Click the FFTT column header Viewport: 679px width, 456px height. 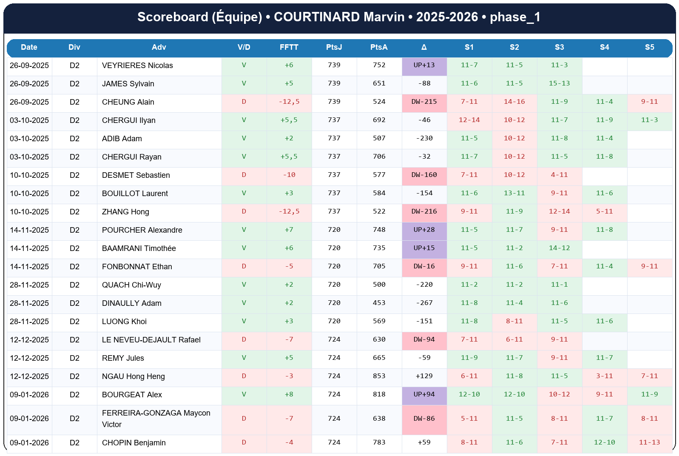pyautogui.click(x=289, y=47)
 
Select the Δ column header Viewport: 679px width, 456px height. pyautogui.click(x=424, y=47)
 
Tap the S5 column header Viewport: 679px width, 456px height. pyautogui.click(x=649, y=47)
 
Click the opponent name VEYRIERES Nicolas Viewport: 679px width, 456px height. pyautogui.click(x=137, y=66)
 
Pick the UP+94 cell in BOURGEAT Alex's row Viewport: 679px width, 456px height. pyautogui.click(x=424, y=394)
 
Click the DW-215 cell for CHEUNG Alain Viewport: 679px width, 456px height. pyautogui.click(x=424, y=102)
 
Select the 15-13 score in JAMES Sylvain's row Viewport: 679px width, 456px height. pyautogui.click(x=559, y=83)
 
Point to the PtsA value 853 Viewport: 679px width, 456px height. pyautogui.click(x=379, y=376)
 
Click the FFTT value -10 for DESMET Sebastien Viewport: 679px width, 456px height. pyautogui.click(x=289, y=175)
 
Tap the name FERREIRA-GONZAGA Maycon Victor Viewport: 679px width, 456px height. pyautogui.click(x=156, y=419)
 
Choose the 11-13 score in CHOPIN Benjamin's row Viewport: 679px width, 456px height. pyautogui.click(x=649, y=442)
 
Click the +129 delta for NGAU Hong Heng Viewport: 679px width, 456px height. pyautogui.click(x=424, y=376)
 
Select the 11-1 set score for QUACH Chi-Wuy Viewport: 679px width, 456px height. pyautogui.click(x=559, y=285)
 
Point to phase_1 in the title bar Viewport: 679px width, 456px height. pyautogui.click(x=515, y=17)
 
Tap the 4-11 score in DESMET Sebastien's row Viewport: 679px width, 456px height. pyautogui.click(x=559, y=175)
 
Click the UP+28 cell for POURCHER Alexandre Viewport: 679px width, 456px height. pyautogui.click(x=424, y=230)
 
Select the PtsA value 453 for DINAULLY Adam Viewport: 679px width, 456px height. pyautogui.click(x=379, y=303)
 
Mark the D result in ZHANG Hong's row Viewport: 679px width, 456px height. pyautogui.click(x=244, y=211)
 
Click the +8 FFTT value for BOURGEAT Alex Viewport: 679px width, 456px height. pyautogui.click(x=289, y=394)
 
